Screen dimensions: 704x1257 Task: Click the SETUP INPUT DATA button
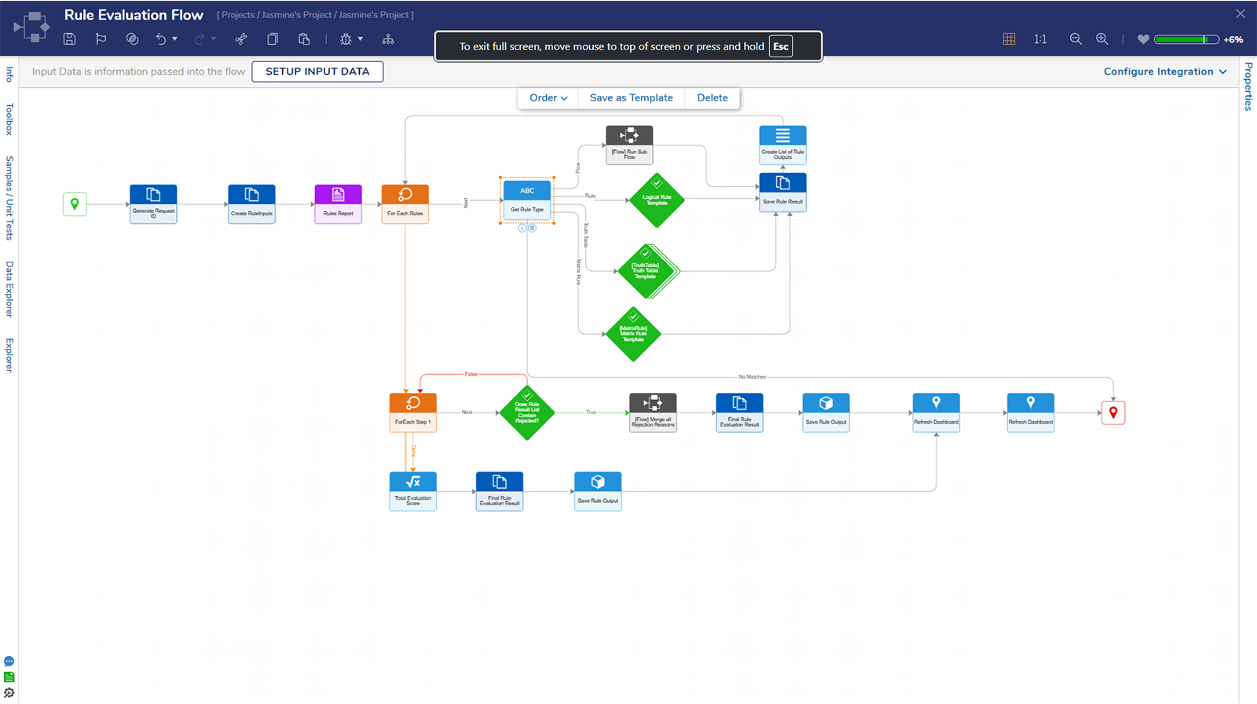(x=317, y=71)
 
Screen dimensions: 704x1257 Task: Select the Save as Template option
(x=631, y=97)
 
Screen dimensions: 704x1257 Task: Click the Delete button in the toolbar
(x=712, y=97)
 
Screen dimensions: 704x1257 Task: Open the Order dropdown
(x=548, y=97)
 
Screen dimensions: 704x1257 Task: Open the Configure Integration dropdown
(x=1164, y=71)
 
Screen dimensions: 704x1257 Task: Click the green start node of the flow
(x=75, y=204)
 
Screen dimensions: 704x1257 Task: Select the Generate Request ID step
(x=153, y=203)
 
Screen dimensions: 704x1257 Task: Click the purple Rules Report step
(x=338, y=203)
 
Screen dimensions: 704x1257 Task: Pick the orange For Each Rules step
(x=405, y=203)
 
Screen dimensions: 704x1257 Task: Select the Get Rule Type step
(x=527, y=200)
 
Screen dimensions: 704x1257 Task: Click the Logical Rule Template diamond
(x=657, y=200)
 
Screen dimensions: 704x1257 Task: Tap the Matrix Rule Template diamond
(x=633, y=334)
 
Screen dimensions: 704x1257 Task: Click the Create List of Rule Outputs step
(x=782, y=144)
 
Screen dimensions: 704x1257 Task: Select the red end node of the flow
(x=1112, y=412)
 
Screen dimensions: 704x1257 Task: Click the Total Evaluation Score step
(x=412, y=491)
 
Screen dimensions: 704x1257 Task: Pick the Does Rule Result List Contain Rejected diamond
(x=527, y=412)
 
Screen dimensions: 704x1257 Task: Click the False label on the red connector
(x=471, y=374)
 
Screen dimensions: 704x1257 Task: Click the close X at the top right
(x=1241, y=14)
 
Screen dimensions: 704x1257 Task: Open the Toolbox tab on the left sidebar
(x=9, y=119)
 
